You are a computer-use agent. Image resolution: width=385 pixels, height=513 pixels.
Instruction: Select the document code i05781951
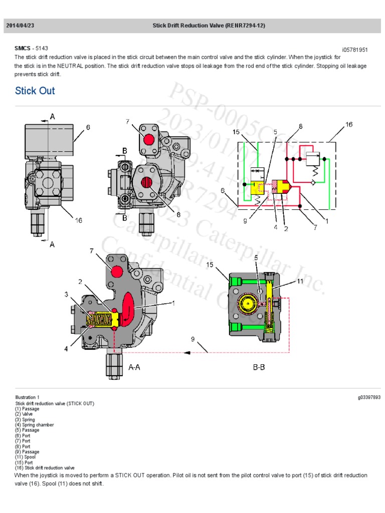[355, 50]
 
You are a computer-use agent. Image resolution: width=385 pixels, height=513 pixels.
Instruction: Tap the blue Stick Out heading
[35, 91]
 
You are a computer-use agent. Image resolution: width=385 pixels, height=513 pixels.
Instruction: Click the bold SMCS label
[23, 49]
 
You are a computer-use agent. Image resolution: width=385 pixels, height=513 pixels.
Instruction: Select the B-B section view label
[259, 367]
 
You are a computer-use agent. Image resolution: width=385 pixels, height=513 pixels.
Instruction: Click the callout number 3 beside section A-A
[66, 295]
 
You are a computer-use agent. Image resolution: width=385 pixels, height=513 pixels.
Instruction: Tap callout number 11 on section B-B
[300, 281]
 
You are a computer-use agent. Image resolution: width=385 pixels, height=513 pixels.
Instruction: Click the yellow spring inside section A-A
[100, 318]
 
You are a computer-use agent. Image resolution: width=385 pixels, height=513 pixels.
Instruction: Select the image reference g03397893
[369, 398]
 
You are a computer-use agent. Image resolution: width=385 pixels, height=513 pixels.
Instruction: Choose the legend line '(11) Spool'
[27, 457]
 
